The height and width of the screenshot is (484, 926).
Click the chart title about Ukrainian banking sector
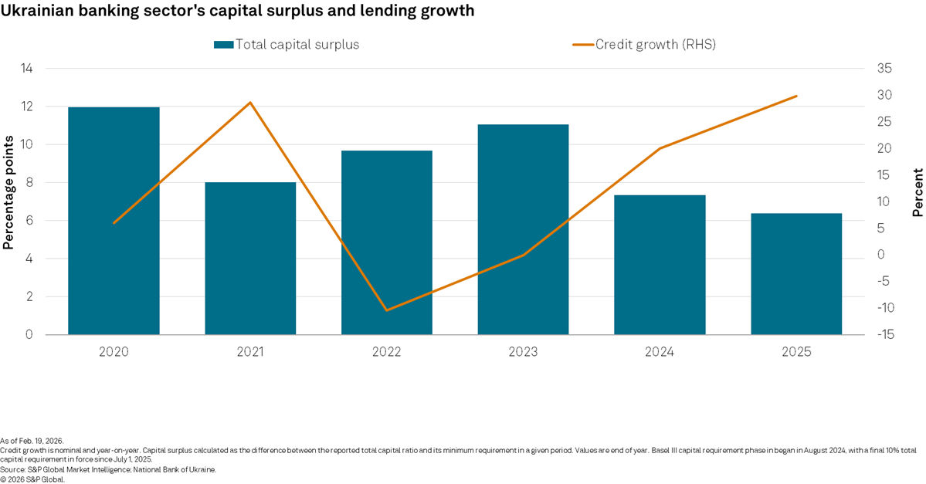238,12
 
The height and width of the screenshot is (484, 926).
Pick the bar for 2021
250,259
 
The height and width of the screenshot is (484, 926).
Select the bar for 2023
523,229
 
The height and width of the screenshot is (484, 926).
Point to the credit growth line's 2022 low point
386,310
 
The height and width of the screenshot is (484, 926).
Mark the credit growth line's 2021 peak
250,103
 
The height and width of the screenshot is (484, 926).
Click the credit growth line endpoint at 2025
796,96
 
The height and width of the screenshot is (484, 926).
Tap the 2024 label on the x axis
660,352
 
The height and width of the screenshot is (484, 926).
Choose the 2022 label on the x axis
386,352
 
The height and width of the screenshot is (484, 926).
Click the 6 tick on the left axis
29,221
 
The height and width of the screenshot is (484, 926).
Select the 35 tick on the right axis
885,69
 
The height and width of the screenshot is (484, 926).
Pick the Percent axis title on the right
918,192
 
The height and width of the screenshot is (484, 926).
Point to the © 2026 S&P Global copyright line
32,479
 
